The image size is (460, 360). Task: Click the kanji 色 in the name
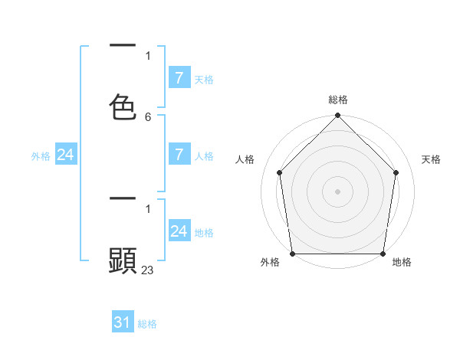coord(123,107)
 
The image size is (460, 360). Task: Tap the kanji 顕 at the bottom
coord(123,260)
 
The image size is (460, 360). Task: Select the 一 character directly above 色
coord(123,47)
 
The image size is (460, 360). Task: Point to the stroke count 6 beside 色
coord(148,117)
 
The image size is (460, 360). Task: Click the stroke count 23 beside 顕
coord(148,270)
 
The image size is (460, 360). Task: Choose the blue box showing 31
coord(123,322)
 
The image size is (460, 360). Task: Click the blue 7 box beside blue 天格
coord(179,78)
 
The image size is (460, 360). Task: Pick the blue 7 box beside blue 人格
coord(179,155)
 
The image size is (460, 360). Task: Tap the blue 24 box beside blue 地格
coord(179,231)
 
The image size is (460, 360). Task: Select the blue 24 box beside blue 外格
coord(66,155)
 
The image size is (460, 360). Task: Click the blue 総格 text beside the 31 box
coord(147,324)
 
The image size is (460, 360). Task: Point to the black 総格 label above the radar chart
coord(337,100)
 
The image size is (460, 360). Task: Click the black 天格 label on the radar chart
coord(431,159)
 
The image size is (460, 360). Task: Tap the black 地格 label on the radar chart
coord(402,262)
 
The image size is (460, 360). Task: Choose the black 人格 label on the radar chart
coord(245,159)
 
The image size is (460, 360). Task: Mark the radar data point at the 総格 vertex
coord(337,116)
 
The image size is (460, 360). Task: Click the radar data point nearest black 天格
coord(396,172)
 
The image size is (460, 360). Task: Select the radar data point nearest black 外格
coord(292,254)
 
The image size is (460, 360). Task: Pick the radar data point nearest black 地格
coord(383,254)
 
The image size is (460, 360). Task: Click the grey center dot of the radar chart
coord(337,191)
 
